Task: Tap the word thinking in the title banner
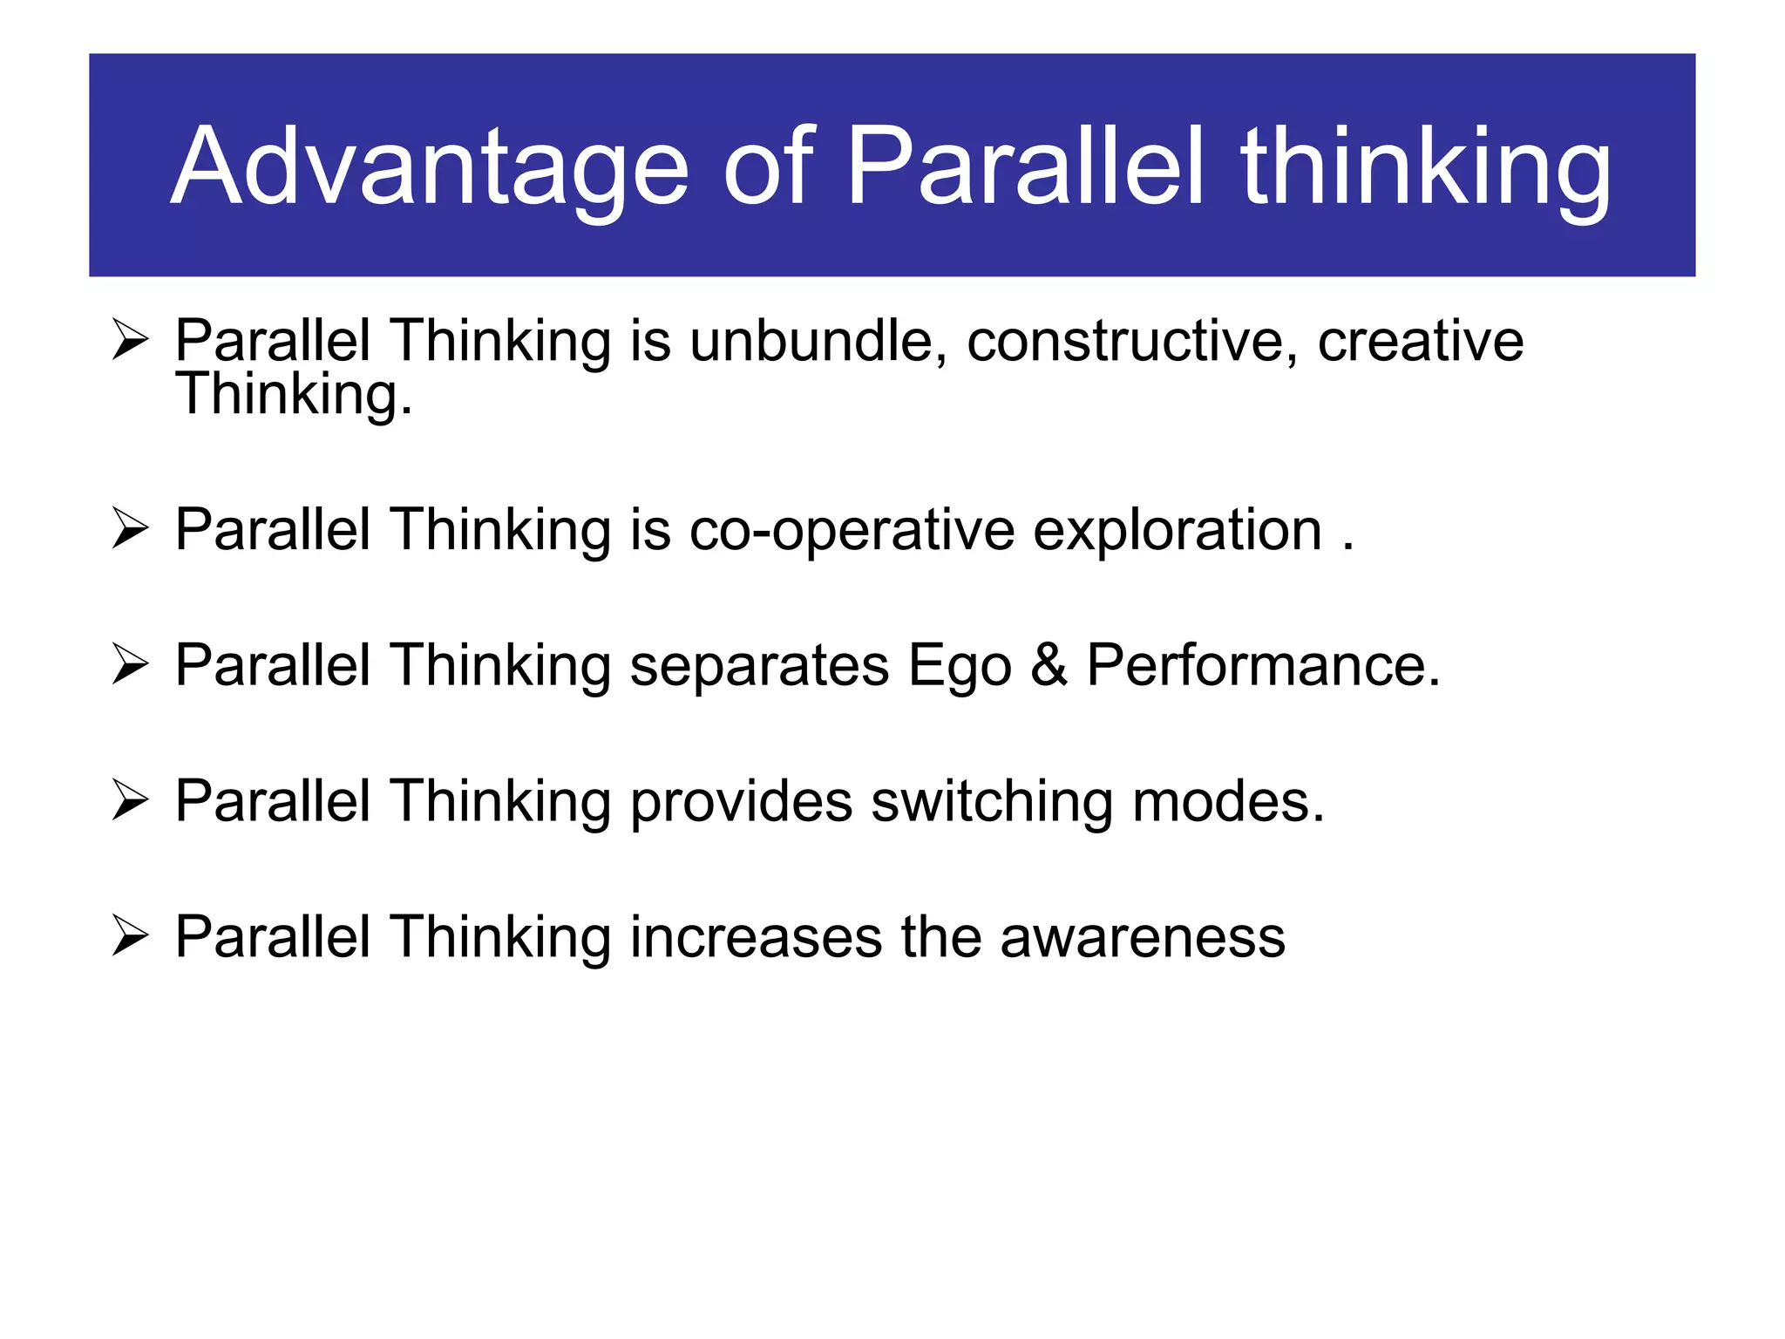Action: tap(1426, 167)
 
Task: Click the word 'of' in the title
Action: tap(768, 167)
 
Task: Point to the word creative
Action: tap(1420, 341)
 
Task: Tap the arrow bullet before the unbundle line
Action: tap(131, 340)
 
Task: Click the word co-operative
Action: tap(852, 530)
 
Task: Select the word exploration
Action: tap(1177, 530)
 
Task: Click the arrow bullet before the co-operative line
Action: tap(131, 529)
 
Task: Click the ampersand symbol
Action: tap(1049, 665)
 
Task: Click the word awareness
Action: tap(1142, 938)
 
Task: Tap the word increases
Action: tap(756, 938)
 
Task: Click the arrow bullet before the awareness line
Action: tap(131, 937)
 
